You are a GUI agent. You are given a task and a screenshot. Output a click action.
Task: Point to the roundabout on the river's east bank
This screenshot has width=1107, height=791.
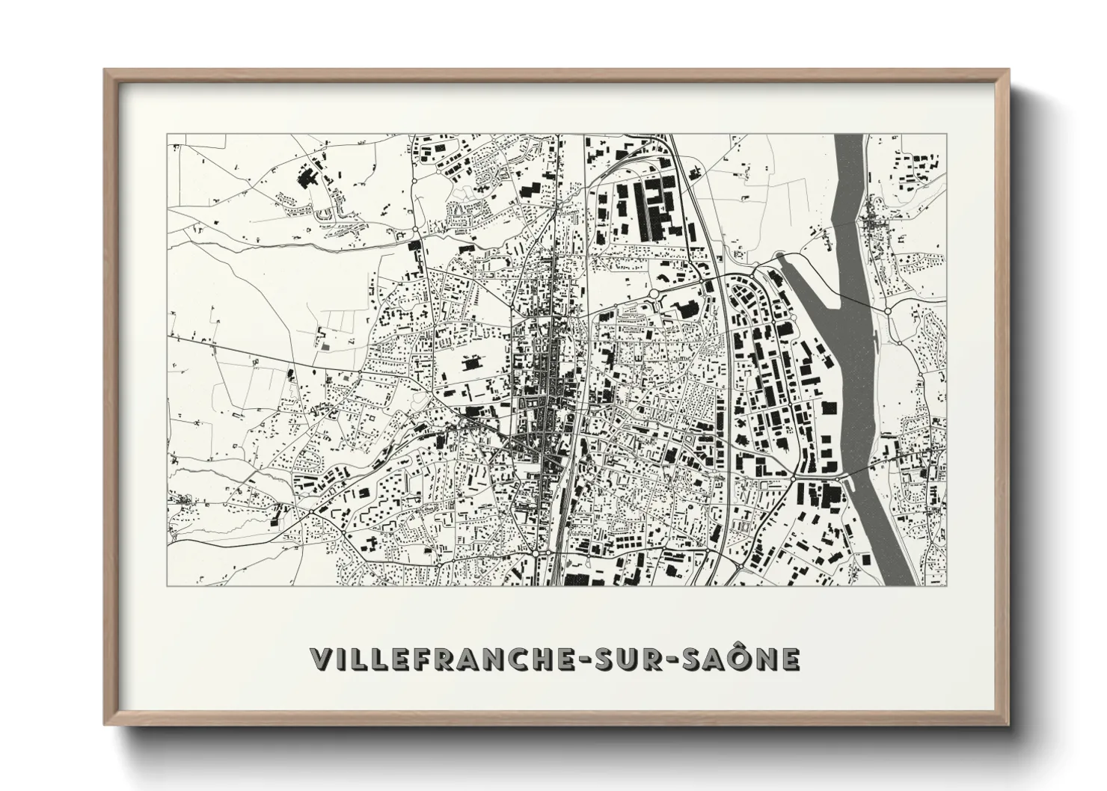[x=887, y=310]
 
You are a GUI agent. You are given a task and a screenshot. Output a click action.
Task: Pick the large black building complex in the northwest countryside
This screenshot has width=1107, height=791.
[x=307, y=179]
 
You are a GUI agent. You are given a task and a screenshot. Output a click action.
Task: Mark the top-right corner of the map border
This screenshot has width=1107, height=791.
[x=945, y=135]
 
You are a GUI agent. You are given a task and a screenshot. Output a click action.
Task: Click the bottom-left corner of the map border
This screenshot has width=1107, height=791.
[x=168, y=585]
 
